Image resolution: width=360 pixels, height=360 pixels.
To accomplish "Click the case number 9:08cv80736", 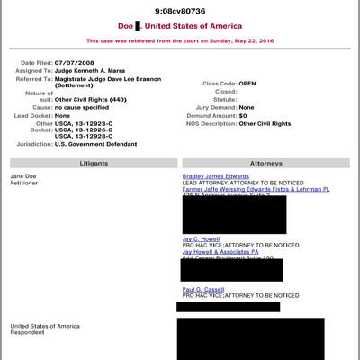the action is click(179, 11).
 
